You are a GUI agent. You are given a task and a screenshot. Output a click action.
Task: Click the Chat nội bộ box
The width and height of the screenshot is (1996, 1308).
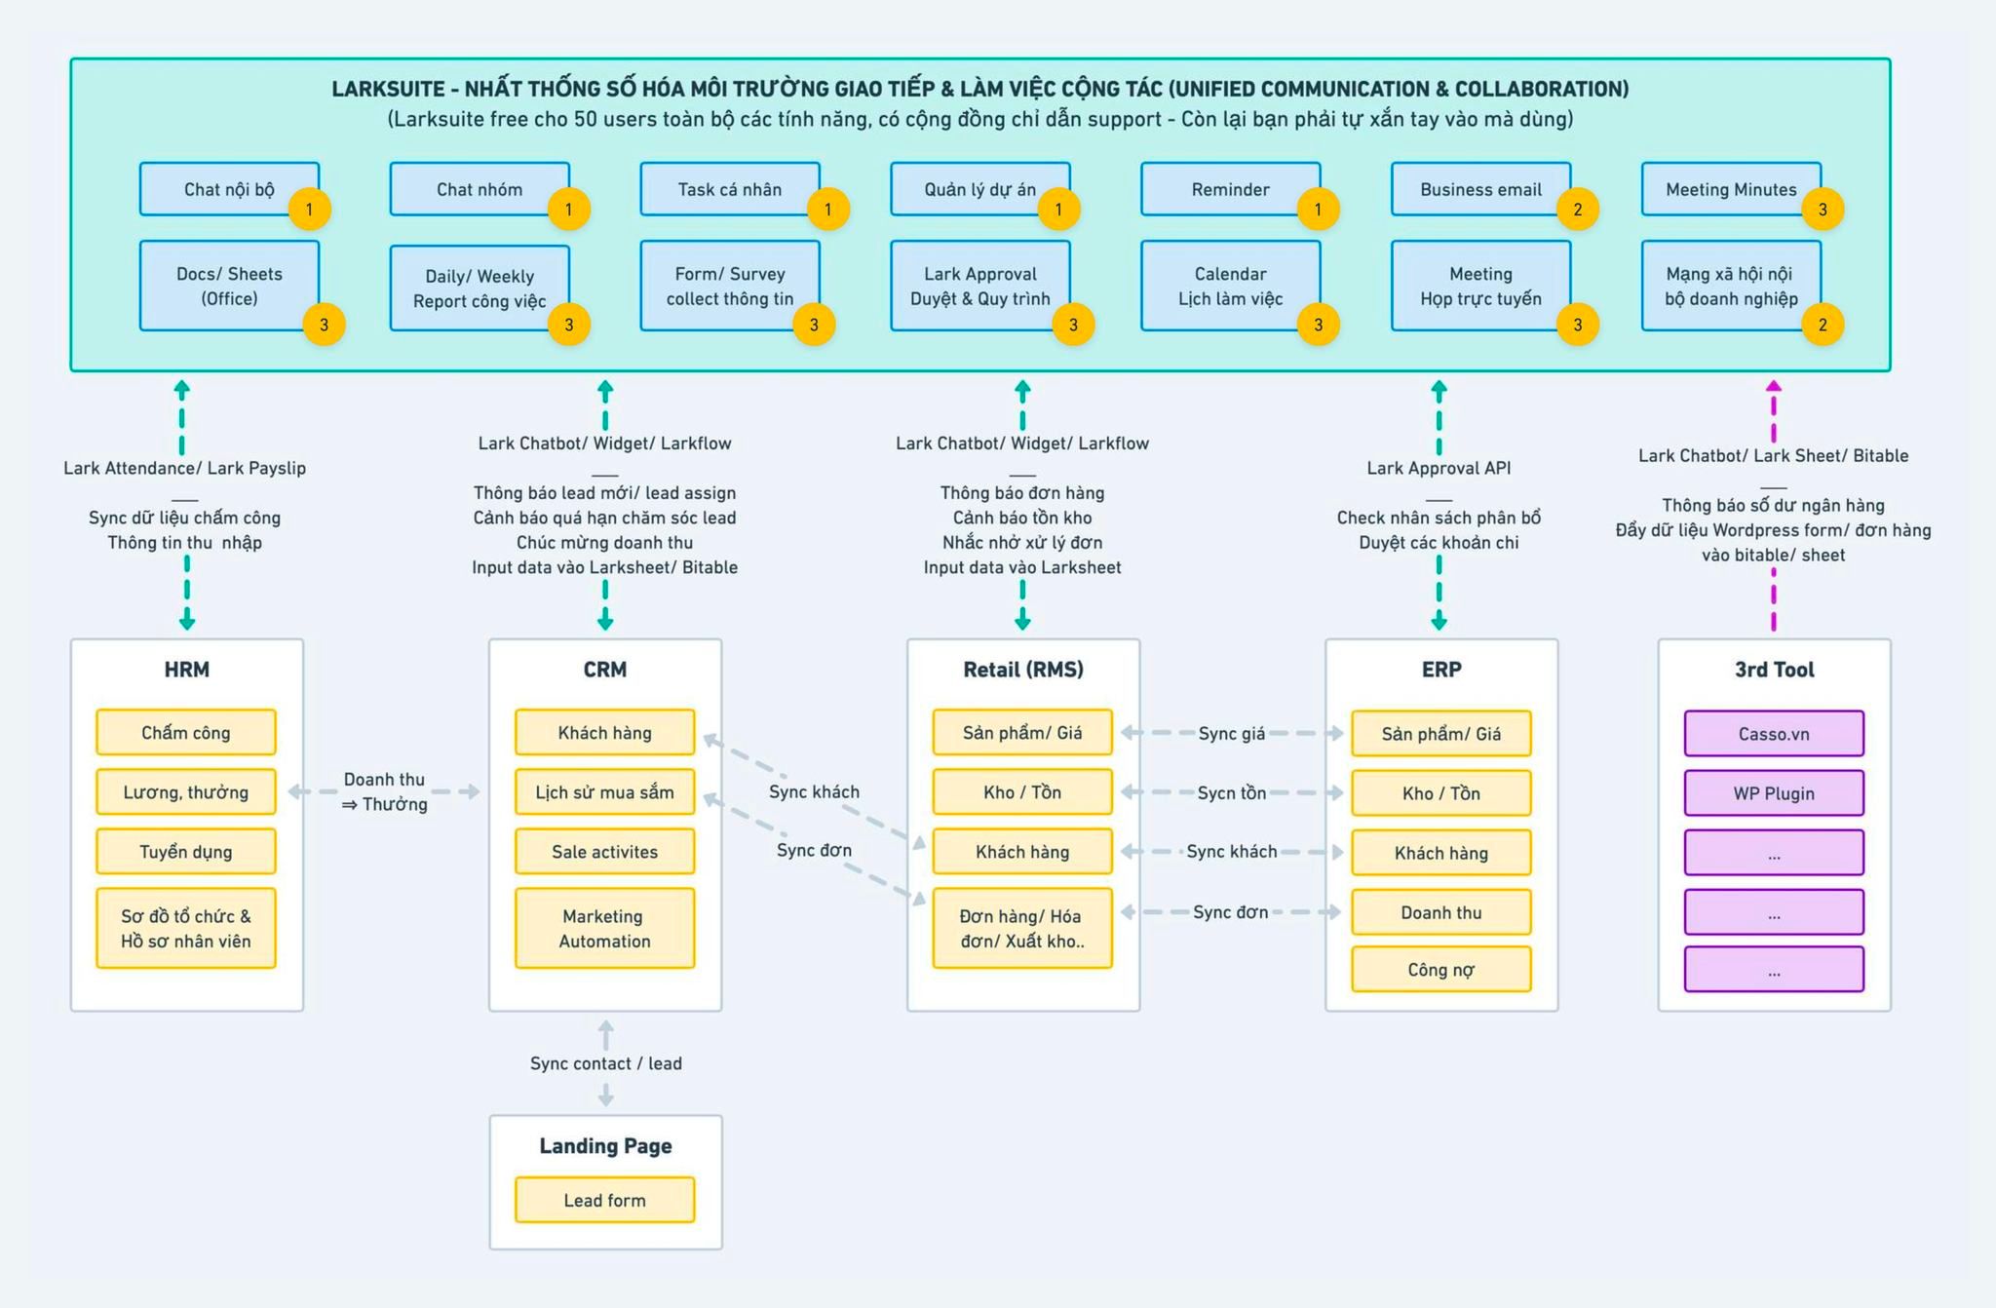(x=229, y=189)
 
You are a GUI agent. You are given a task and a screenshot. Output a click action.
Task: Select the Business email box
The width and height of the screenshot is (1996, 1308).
(x=1480, y=189)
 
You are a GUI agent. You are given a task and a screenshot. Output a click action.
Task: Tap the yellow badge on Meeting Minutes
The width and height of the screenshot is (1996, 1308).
(x=1823, y=209)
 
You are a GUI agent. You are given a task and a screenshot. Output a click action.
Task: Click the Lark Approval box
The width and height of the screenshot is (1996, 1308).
(x=980, y=286)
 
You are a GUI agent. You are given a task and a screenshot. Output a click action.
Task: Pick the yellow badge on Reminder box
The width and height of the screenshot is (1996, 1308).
(x=1318, y=209)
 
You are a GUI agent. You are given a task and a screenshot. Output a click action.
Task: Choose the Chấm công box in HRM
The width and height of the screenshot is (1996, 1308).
(x=186, y=732)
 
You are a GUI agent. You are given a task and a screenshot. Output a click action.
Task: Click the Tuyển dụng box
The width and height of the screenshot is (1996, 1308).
(x=186, y=851)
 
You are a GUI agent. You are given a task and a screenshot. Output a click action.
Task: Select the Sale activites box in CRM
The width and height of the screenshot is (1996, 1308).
(x=604, y=851)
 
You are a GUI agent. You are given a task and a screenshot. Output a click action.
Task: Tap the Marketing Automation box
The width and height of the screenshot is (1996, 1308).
(x=604, y=928)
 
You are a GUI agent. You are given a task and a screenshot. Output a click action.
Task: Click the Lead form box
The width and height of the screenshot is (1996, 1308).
(x=604, y=1200)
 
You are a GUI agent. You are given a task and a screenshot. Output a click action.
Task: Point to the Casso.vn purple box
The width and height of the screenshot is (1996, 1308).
(x=1774, y=733)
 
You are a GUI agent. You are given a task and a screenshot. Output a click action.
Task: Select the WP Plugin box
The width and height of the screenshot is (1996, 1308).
(x=1774, y=792)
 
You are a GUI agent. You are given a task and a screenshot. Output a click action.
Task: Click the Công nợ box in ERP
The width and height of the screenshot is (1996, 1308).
(x=1440, y=969)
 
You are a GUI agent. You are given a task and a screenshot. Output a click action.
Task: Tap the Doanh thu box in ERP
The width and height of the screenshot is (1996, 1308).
(x=1440, y=912)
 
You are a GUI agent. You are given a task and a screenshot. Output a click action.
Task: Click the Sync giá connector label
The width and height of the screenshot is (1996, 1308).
(x=1232, y=733)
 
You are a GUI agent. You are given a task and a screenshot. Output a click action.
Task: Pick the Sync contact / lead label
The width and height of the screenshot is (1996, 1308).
(x=605, y=1063)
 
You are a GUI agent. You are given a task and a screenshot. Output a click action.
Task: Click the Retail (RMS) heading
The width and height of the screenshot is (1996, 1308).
(x=1023, y=670)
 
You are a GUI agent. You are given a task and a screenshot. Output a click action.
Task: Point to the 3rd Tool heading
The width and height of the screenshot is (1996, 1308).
(x=1774, y=670)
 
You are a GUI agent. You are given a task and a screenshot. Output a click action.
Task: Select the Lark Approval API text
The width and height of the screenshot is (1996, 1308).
(x=1439, y=468)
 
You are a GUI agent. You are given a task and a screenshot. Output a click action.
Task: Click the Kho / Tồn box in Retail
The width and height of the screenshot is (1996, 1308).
(x=1022, y=791)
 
